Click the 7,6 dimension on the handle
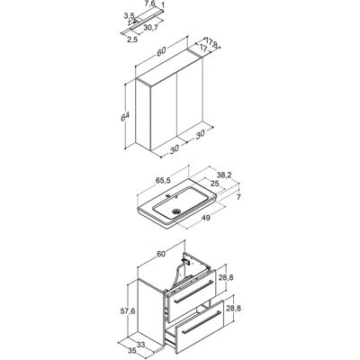click(149, 4)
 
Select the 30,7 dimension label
click(150, 27)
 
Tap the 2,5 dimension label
click(132, 40)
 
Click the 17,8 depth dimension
click(211, 43)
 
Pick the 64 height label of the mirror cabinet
click(125, 117)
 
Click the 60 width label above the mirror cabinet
click(161, 51)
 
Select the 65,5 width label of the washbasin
click(163, 180)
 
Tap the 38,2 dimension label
click(223, 174)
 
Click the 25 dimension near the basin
click(215, 184)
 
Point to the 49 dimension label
click(205, 218)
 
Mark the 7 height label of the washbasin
click(238, 197)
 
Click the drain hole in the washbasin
click(176, 211)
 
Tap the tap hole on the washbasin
click(168, 196)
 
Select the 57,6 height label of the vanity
click(128, 311)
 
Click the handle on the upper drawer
click(193, 291)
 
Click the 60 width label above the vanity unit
click(161, 254)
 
